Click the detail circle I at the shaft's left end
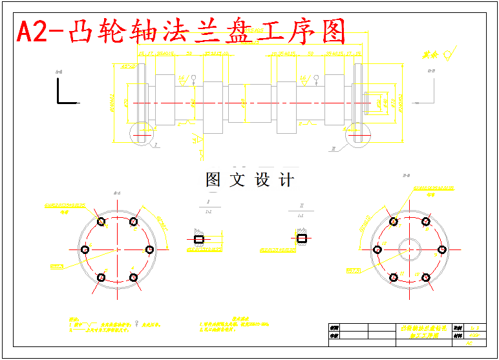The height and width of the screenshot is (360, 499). pyautogui.click(x=142, y=133)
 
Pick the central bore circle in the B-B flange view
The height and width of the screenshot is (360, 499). pyautogui.click(x=410, y=249)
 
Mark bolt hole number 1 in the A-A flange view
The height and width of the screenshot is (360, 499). pyautogui.click(x=101, y=222)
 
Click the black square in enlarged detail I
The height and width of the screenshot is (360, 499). pyautogui.click(x=200, y=239)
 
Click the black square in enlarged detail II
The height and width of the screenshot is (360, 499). pyautogui.click(x=302, y=238)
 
